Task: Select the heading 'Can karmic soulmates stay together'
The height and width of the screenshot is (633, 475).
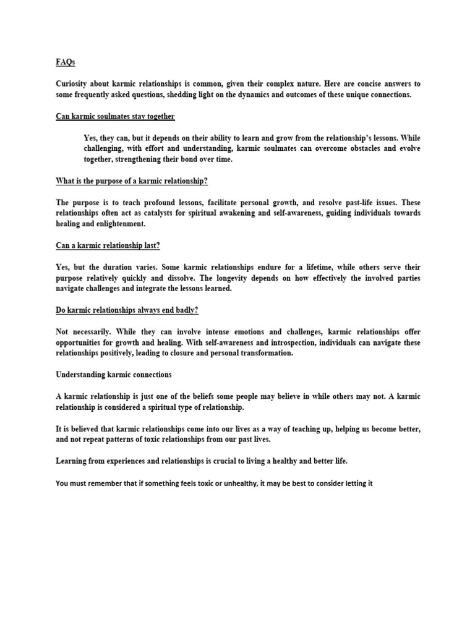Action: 116,116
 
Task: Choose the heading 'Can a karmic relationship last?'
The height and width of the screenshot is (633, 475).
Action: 108,245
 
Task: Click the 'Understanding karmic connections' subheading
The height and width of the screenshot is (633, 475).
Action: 114,375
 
